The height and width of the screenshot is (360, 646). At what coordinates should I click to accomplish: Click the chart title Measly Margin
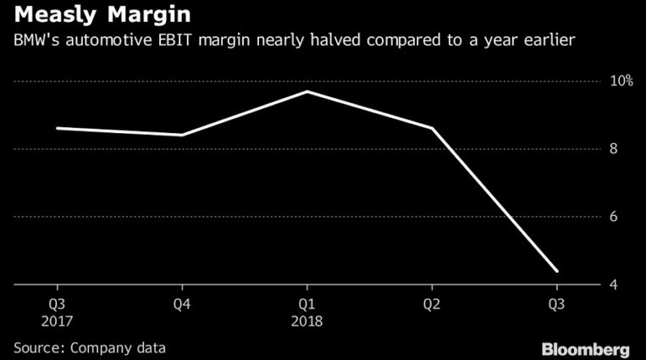coord(99,15)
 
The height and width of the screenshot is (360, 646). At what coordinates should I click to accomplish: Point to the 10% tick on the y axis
coord(622,81)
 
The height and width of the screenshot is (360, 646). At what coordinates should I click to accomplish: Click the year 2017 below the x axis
coord(57,322)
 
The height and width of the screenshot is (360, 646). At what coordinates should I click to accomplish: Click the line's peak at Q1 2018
coord(306,91)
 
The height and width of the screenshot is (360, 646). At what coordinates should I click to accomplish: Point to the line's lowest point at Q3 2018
coord(556,271)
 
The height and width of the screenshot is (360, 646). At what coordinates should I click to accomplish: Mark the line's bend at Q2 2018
coord(432,128)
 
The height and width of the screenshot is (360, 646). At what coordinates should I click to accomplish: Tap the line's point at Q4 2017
coord(182,135)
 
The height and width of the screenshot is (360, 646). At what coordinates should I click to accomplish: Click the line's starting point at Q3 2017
coord(57,128)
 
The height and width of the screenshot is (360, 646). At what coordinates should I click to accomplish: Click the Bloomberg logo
coord(587,348)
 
